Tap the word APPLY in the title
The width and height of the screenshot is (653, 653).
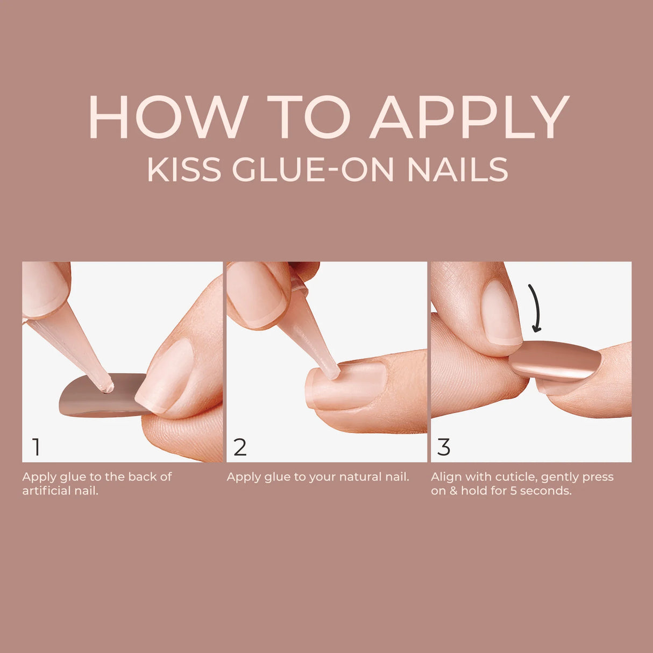469,118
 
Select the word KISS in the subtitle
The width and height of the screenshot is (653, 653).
183,169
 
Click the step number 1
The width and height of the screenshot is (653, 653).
36,447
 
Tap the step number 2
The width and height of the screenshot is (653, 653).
240,447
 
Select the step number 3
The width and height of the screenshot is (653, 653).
444,447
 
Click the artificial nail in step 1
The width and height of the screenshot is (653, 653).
86,398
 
